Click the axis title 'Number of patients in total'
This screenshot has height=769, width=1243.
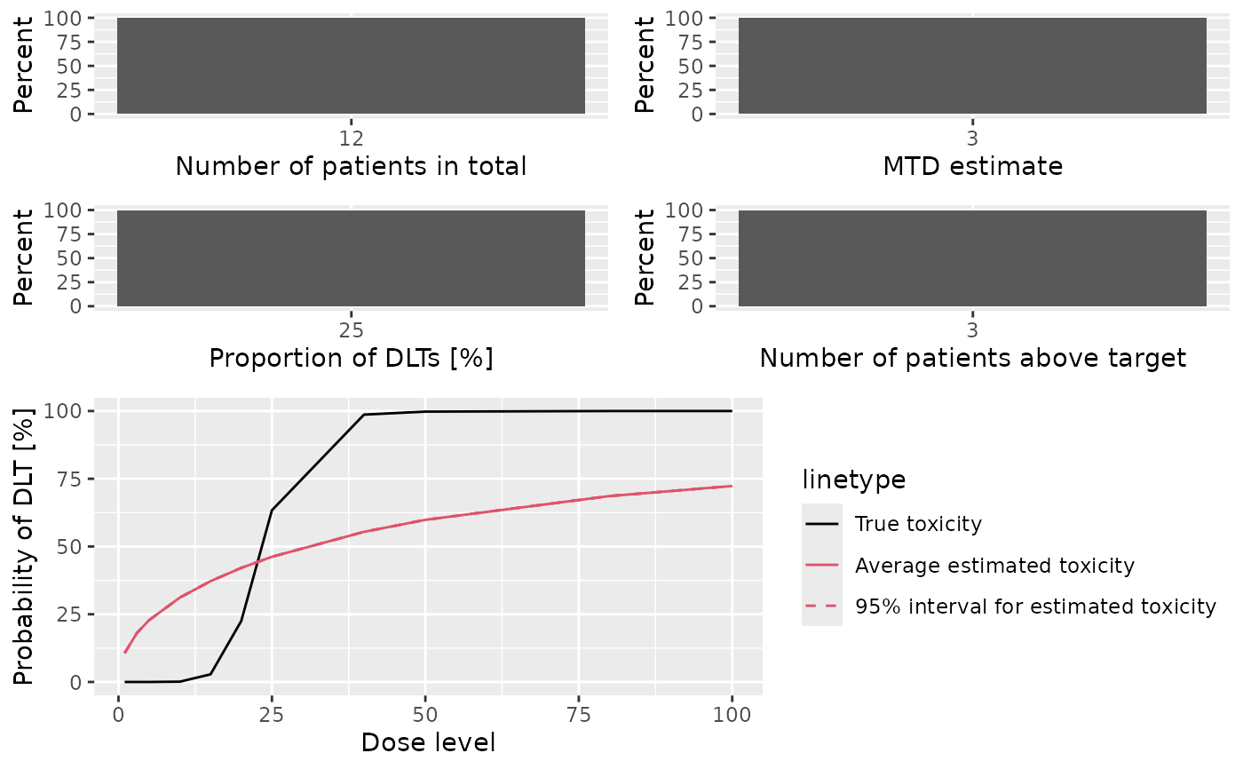[x=351, y=166]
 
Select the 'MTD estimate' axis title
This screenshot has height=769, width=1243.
[x=972, y=166]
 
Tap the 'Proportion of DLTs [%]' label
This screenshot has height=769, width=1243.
[x=351, y=359]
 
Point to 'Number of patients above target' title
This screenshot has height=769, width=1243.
[x=972, y=359]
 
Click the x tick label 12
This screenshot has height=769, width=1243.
[x=351, y=139]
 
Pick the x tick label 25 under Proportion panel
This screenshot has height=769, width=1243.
[x=351, y=330]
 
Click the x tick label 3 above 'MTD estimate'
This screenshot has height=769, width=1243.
[x=972, y=139]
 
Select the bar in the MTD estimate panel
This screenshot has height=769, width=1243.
[x=972, y=66]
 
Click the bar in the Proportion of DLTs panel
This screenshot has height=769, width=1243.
[x=351, y=258]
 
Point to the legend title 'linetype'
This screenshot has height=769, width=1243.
[x=854, y=480]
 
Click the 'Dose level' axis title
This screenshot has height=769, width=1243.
[x=428, y=742]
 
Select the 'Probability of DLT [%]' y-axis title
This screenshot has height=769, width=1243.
[x=23, y=546]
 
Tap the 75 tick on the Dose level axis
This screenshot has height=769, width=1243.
[x=579, y=715]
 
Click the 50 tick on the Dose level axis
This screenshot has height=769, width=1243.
[x=425, y=715]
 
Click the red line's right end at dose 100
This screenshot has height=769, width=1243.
[x=732, y=486]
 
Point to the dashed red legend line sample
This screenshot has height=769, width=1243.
[x=822, y=606]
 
